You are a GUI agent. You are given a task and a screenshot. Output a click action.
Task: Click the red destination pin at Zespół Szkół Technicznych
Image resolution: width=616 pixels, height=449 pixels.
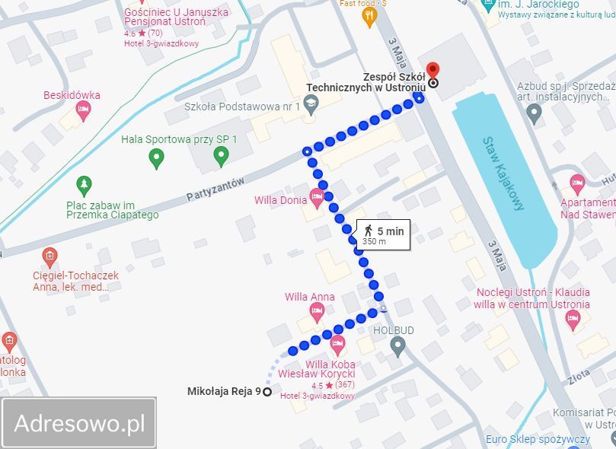pos(433,70)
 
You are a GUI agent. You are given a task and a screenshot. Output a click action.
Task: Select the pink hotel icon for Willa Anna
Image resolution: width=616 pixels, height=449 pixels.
pos(318,310)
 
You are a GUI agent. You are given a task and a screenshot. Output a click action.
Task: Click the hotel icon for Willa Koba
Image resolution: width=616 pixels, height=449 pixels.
pos(337,346)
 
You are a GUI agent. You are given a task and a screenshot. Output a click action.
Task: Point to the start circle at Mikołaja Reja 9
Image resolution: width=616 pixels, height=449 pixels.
pos(267,391)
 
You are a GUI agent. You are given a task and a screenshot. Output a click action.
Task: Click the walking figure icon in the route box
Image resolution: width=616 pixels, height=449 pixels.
pos(368,230)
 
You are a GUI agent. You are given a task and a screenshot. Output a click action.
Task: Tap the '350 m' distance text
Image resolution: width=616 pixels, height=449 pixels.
pos(374,242)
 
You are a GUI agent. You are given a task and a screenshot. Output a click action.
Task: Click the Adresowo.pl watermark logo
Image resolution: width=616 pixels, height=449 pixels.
pos(79,422)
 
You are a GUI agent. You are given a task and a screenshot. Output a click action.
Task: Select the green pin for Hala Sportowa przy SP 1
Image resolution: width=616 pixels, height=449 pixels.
pos(222,157)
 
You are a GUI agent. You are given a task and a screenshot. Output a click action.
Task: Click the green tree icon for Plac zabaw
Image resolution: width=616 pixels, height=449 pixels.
pos(84,184)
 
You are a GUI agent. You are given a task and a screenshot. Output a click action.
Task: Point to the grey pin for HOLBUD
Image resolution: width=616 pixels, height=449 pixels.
pos(397,347)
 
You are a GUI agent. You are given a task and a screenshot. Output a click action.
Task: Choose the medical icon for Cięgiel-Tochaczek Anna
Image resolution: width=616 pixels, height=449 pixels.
pos(50,256)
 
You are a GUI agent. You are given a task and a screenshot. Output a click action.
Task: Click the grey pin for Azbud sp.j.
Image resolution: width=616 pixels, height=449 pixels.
pos(534,113)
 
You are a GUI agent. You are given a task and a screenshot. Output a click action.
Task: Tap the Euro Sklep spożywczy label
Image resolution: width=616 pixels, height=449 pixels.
pos(538,439)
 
